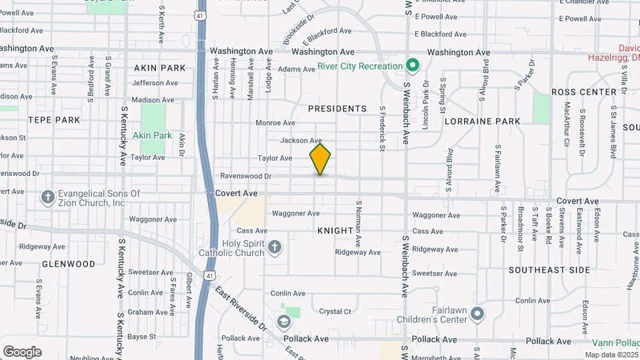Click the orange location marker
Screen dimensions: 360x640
click(x=321, y=159)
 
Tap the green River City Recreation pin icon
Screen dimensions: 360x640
click(x=413, y=65)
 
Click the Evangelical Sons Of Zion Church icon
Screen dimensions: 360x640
click(x=47, y=197)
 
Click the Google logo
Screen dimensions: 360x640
click(x=22, y=351)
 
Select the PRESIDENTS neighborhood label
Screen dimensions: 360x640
click(x=337, y=109)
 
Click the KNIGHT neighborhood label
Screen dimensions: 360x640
click(x=335, y=231)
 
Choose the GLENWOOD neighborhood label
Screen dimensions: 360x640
click(x=69, y=264)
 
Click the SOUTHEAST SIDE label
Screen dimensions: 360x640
click(x=549, y=270)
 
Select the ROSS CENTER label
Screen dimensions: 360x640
click(x=584, y=92)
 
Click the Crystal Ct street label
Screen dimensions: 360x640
click(x=335, y=311)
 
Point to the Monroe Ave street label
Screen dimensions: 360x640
click(x=275, y=123)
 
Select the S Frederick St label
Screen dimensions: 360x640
click(x=383, y=128)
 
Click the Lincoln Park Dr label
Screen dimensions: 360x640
click(x=425, y=98)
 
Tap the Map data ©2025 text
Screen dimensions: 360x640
click(x=611, y=355)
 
